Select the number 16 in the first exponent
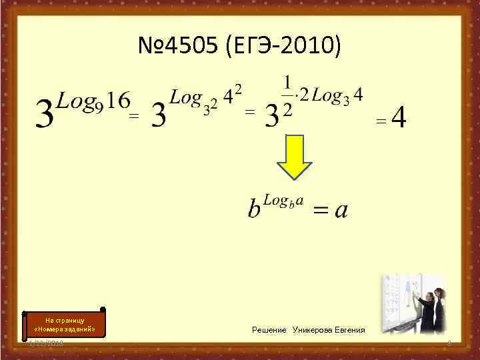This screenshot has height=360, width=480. (x=118, y=101)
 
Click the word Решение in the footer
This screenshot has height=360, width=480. (x=269, y=330)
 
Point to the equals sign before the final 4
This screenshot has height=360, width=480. (x=381, y=121)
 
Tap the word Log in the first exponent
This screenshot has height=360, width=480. (x=74, y=101)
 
